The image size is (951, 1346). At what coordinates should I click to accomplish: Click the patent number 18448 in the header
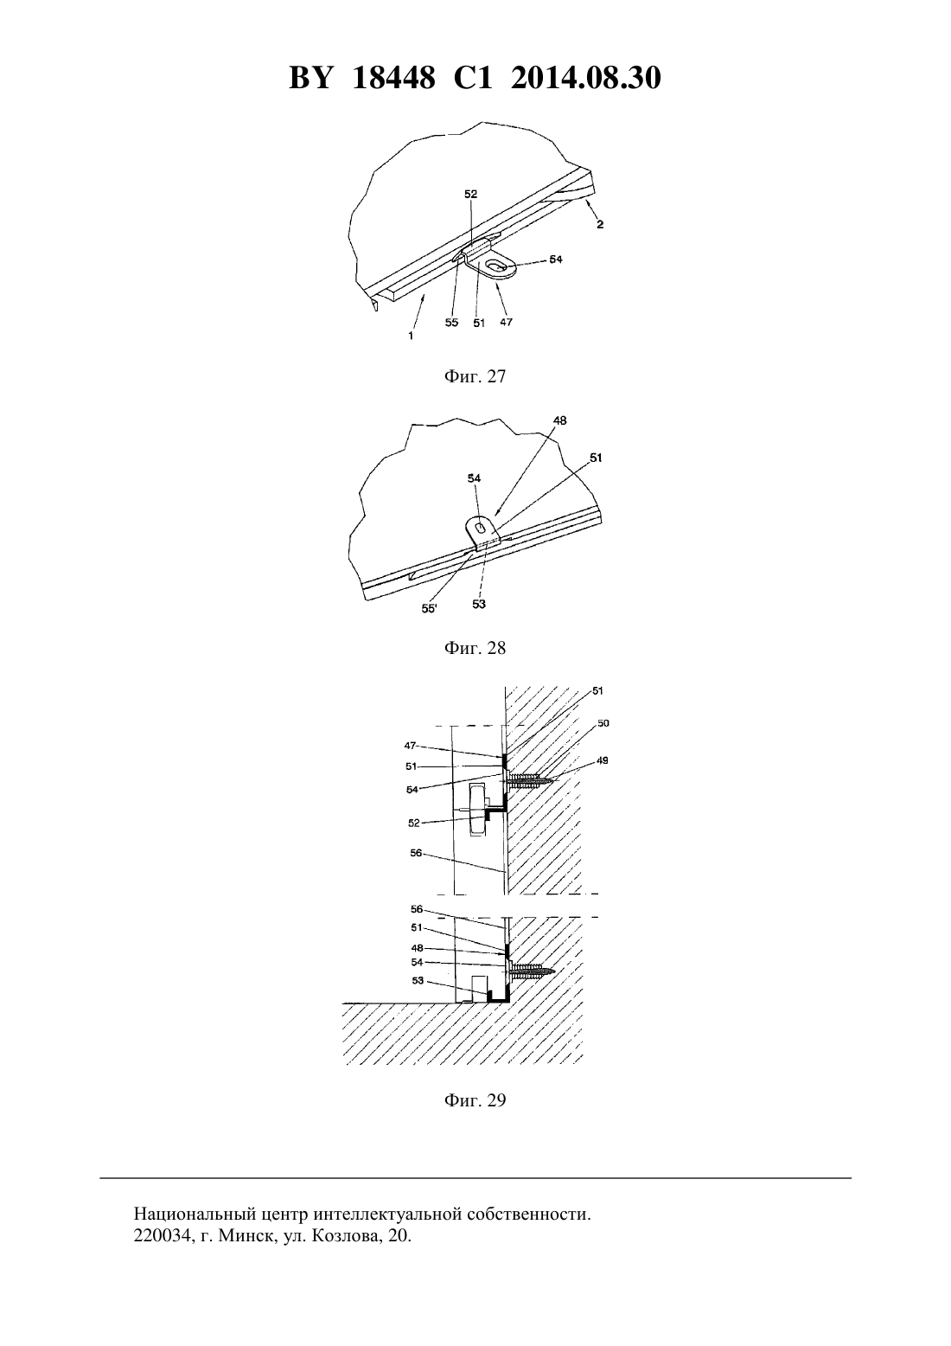393,78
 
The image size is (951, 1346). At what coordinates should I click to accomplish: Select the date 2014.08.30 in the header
586,78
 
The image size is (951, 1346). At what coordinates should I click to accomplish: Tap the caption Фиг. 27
475,376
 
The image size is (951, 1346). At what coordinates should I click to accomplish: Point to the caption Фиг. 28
475,648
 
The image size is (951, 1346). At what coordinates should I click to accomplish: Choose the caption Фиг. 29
475,1100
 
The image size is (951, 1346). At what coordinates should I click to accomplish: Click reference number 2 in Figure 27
600,225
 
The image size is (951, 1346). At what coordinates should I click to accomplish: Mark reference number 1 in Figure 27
411,336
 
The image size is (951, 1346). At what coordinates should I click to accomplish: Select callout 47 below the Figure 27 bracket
506,322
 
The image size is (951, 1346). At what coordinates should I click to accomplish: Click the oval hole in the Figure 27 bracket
496,265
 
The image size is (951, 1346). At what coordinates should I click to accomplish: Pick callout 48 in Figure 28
559,420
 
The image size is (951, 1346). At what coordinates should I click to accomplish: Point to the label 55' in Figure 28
429,608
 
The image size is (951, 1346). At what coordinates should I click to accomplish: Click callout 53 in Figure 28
478,604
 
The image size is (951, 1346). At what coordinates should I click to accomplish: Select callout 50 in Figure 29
603,723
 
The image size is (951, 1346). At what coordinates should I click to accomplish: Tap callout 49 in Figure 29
603,760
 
